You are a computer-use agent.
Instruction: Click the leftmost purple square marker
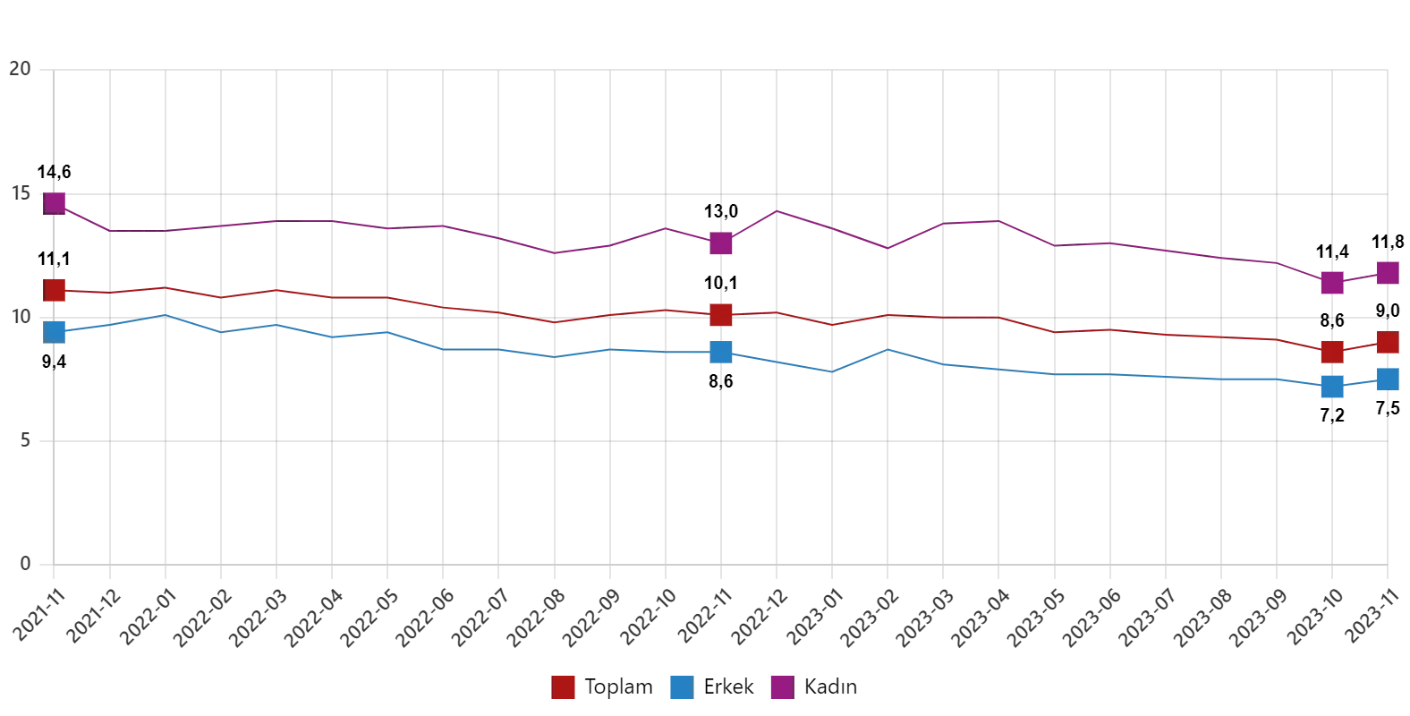point(55,202)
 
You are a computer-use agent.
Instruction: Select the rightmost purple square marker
point(1388,272)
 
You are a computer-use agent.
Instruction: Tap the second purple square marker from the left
point(722,243)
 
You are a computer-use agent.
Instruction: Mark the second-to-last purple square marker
point(1331,283)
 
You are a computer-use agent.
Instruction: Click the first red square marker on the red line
point(55,290)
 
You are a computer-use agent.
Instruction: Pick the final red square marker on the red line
point(1388,342)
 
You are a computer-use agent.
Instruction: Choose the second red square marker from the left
point(722,314)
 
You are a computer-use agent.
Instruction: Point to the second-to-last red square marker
point(1331,351)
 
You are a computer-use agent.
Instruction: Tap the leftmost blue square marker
point(55,331)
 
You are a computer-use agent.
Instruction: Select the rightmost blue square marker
point(1388,379)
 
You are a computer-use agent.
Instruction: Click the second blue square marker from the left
point(722,352)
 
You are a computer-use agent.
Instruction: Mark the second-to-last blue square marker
point(1331,387)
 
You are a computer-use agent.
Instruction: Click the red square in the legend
point(565,686)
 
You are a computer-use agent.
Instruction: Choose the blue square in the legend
point(680,686)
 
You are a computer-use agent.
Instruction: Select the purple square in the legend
point(780,686)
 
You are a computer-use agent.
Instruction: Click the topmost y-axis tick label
point(21,68)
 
